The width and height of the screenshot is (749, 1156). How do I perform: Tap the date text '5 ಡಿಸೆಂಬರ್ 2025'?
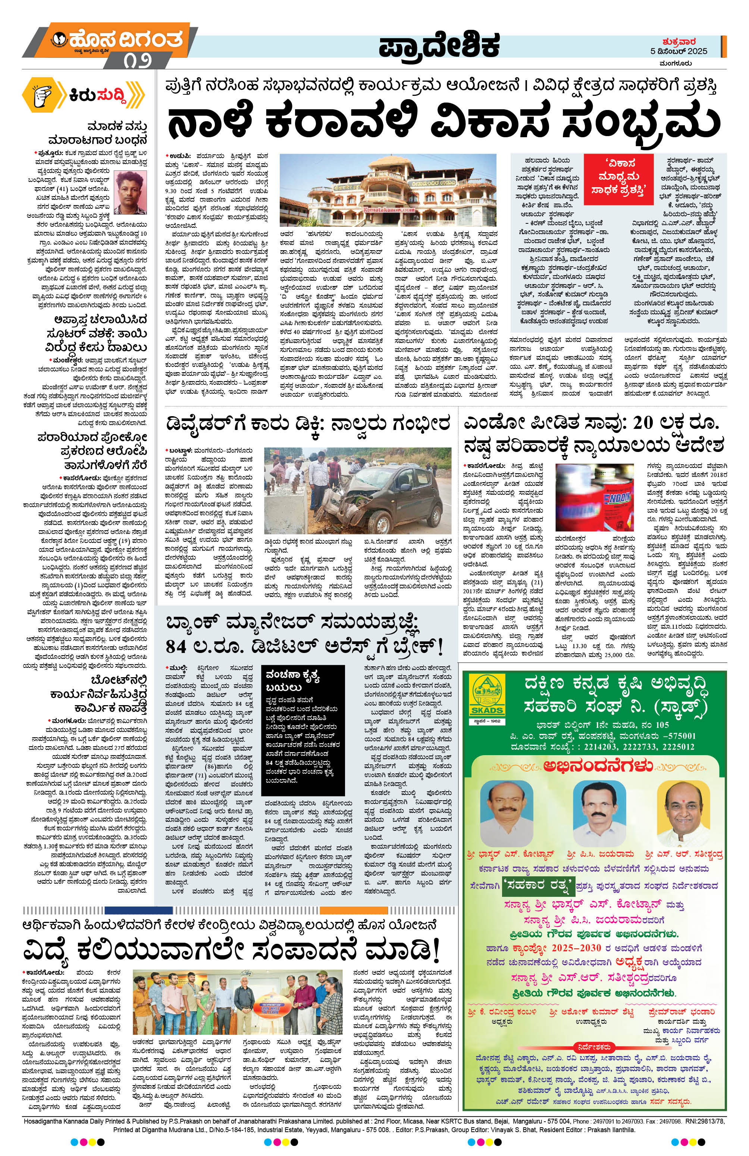point(679,51)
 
